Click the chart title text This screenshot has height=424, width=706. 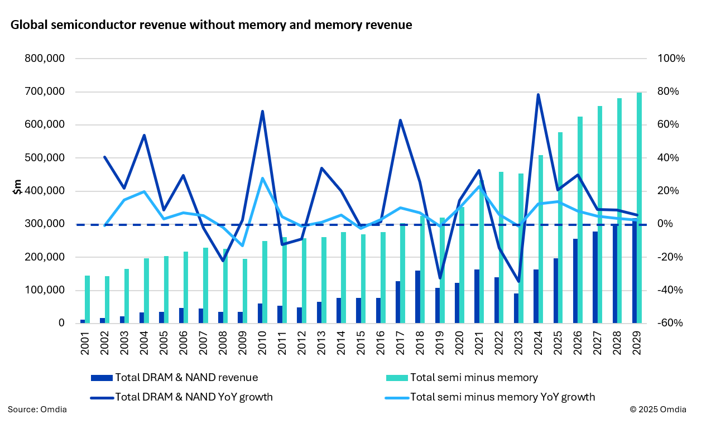[211, 25]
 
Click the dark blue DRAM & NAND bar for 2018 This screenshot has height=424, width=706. [417, 297]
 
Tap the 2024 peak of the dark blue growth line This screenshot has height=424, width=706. [538, 95]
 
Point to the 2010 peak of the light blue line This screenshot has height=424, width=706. [262, 179]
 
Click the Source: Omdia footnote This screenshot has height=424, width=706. [37, 410]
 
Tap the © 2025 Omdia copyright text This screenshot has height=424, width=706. [658, 410]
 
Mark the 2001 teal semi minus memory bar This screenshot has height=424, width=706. [87, 300]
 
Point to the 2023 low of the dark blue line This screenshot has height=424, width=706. [518, 282]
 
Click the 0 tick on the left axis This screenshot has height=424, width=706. [61, 324]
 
